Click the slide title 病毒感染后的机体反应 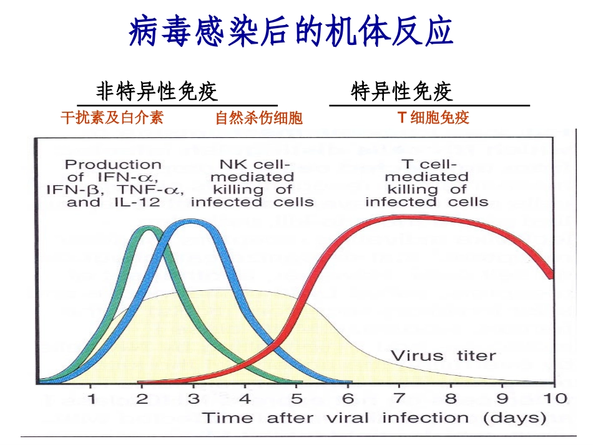[291, 32]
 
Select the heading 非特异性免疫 [157, 92]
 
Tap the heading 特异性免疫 [402, 92]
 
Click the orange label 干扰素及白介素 [112, 118]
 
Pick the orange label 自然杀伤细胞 [258, 118]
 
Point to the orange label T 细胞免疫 [433, 118]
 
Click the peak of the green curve [147, 229]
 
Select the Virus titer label [443, 356]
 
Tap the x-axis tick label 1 [91, 398]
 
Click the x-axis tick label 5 [296, 398]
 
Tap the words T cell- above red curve [427, 165]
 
